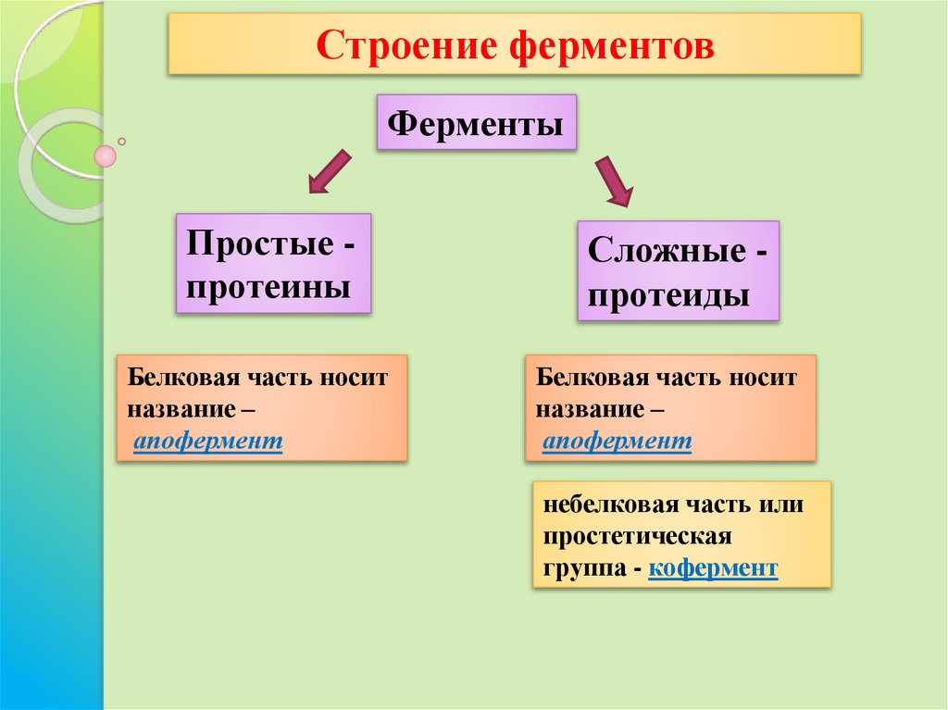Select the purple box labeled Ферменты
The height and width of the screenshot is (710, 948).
click(476, 122)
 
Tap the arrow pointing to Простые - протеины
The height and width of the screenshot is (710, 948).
click(330, 171)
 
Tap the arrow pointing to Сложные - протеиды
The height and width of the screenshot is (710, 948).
click(613, 181)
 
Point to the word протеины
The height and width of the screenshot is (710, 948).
click(268, 286)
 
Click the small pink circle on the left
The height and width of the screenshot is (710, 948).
click(106, 156)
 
